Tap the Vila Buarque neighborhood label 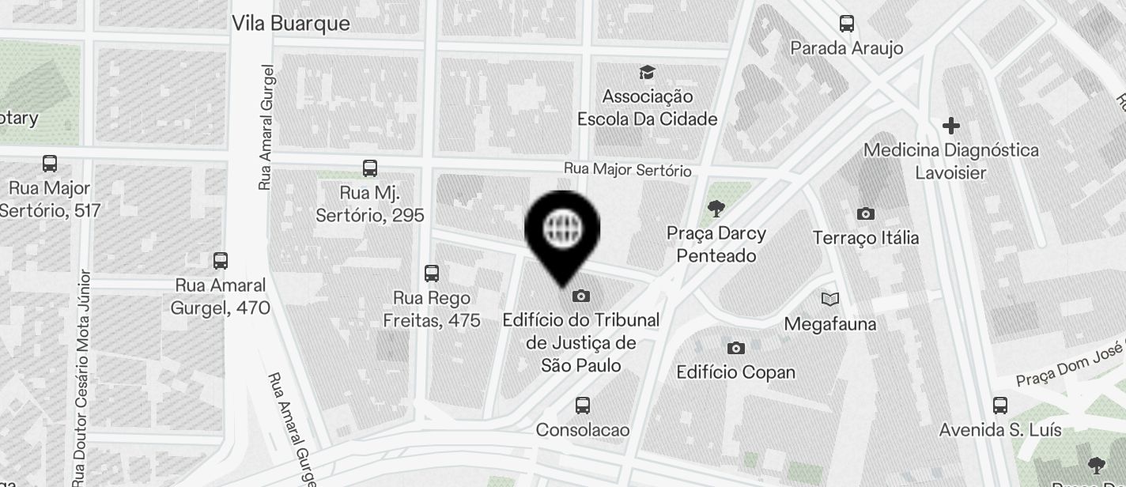point(290,24)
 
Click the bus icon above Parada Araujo point(847,24)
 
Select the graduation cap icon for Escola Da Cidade point(648,73)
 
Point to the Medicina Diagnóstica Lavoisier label point(950,160)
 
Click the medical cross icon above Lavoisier point(950,126)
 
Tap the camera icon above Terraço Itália point(866,213)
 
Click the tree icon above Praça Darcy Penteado point(716,209)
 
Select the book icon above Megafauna point(829,299)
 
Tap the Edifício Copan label point(736,372)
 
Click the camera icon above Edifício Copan point(736,348)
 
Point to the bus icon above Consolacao point(583,406)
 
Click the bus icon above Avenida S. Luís point(1000,406)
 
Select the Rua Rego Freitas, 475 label point(432,309)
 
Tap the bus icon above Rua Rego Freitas point(432,274)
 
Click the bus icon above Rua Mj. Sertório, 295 point(370,168)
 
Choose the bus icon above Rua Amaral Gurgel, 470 point(221,260)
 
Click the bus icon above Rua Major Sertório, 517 point(50,164)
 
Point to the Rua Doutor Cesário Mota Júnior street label point(82,379)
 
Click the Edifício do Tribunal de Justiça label point(581,342)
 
